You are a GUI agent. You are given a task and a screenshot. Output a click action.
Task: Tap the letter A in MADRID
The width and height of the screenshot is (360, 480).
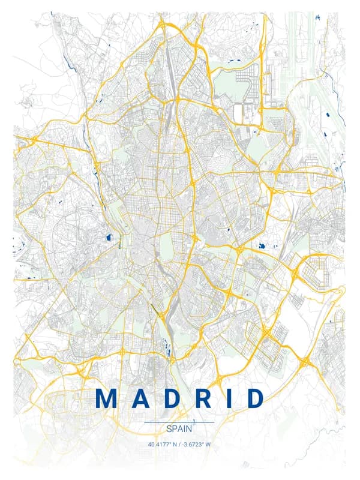click(140, 399)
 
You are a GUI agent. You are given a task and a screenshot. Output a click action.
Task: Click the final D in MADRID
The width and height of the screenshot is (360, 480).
click(253, 399)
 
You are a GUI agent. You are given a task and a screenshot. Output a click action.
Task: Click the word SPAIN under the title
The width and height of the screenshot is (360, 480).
click(179, 429)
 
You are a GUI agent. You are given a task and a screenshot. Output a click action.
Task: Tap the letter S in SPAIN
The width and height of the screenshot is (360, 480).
click(169, 429)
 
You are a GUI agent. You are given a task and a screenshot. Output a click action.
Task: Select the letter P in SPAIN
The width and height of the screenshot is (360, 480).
click(175, 429)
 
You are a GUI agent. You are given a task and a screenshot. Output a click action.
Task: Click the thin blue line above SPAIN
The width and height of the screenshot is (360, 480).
click(179, 422)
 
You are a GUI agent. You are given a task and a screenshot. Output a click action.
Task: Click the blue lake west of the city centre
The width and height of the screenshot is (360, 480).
click(109, 238)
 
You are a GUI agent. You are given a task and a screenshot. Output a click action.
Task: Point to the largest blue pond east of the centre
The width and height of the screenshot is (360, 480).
click(262, 245)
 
